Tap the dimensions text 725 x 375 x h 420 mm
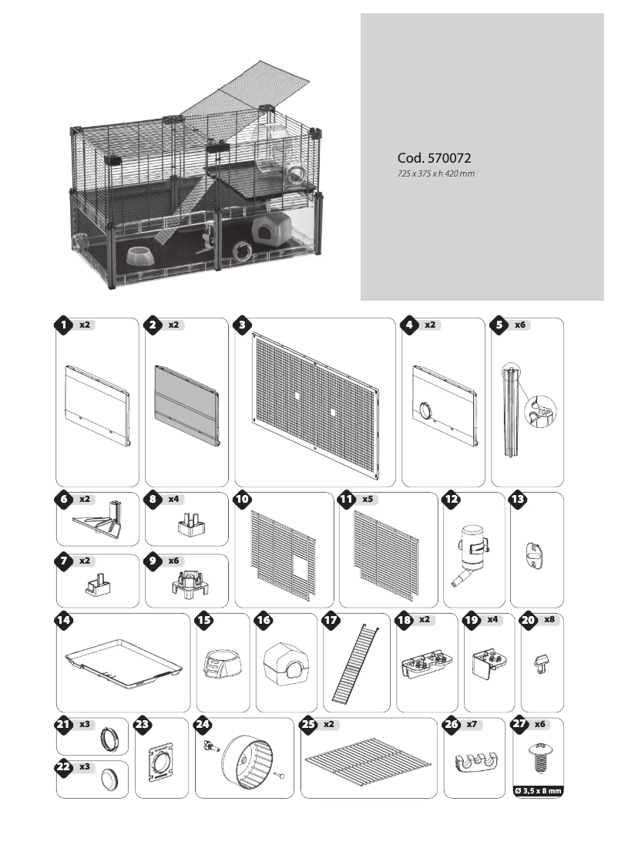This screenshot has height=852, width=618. [x=435, y=174]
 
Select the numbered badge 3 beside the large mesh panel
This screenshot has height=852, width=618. [x=243, y=325]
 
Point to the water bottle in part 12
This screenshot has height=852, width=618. [x=471, y=552]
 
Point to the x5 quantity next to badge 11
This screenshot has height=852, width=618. [x=369, y=500]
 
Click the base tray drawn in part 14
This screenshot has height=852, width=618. [x=123, y=662]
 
